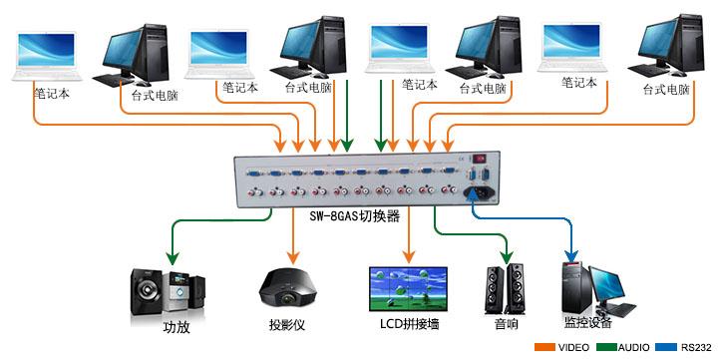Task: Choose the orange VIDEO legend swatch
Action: (544, 347)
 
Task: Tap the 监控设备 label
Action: (588, 322)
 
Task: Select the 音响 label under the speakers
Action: (507, 324)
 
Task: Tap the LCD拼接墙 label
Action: (410, 324)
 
